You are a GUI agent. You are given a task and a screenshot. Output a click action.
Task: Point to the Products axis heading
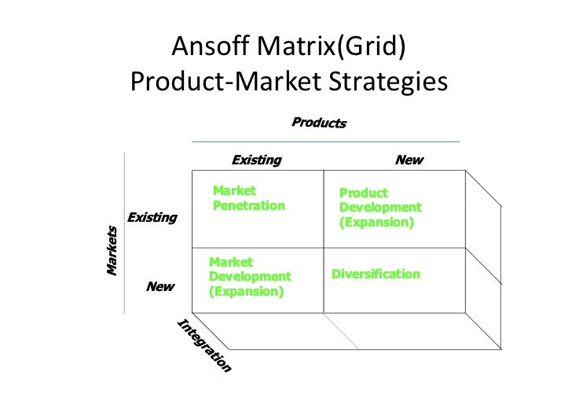(319, 123)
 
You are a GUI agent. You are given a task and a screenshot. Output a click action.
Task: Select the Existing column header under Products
(256, 160)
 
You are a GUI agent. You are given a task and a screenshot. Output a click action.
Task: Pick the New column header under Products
(409, 160)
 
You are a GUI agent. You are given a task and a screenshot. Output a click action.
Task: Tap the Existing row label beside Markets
(152, 217)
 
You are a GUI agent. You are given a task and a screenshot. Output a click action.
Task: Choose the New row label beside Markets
(160, 287)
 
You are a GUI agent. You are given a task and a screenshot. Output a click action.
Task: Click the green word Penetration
(249, 205)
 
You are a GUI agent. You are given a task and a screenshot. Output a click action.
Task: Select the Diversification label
(376, 274)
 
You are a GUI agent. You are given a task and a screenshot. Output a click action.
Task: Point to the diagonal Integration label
(203, 346)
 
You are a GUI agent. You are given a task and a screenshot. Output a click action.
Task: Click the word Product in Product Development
(363, 193)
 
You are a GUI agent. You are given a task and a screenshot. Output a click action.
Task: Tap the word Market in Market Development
(231, 262)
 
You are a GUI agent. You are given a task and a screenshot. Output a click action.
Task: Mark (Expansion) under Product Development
(376, 223)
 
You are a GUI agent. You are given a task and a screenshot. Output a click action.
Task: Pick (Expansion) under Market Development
(246, 291)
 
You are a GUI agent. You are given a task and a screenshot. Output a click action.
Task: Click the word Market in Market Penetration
(234, 190)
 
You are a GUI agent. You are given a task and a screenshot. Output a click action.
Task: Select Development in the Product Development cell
(380, 208)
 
